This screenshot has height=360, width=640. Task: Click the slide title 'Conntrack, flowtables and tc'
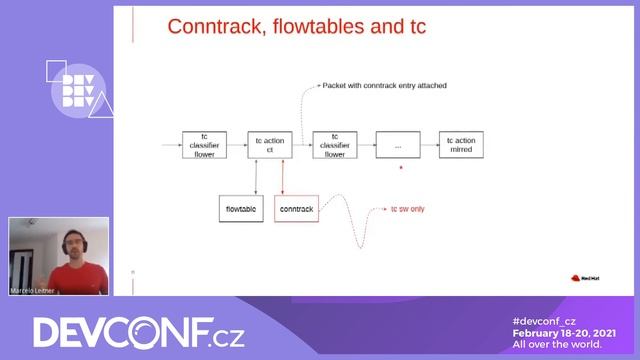(x=296, y=26)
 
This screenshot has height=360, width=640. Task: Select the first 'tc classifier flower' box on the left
(x=204, y=145)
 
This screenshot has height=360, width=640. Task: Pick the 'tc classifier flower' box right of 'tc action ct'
(x=335, y=145)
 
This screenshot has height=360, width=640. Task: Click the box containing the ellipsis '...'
(x=398, y=145)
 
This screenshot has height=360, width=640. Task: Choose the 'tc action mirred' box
(x=461, y=145)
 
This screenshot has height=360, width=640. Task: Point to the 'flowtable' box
(x=241, y=208)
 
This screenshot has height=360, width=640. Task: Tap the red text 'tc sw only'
(x=407, y=210)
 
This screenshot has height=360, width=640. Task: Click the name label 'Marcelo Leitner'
(x=33, y=290)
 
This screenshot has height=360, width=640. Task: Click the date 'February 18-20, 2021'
(x=564, y=332)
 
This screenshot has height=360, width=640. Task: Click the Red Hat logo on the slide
(x=583, y=279)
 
